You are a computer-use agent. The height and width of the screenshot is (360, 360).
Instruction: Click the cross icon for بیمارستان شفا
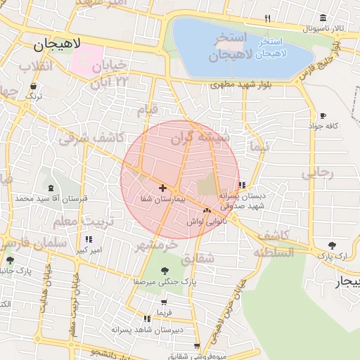(163, 188)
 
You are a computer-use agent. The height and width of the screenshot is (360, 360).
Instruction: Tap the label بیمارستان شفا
(162, 200)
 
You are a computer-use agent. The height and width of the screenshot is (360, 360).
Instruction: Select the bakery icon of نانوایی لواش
(206, 210)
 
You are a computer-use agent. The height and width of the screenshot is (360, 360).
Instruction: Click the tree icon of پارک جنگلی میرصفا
(165, 270)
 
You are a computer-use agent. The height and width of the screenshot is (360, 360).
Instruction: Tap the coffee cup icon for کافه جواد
(323, 115)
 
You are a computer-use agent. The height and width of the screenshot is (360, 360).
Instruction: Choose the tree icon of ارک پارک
(332, 245)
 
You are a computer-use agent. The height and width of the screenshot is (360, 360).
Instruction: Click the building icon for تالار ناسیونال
(323, 18)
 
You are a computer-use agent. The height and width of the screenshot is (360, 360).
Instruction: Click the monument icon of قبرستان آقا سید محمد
(51, 188)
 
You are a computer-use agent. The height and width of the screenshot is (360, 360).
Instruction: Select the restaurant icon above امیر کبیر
(88, 239)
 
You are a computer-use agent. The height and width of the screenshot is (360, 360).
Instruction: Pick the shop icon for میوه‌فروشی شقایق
(196, 346)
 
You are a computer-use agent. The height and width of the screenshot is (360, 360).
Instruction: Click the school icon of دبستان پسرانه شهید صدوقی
(243, 186)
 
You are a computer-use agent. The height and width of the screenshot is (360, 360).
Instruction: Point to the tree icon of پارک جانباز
(10, 260)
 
